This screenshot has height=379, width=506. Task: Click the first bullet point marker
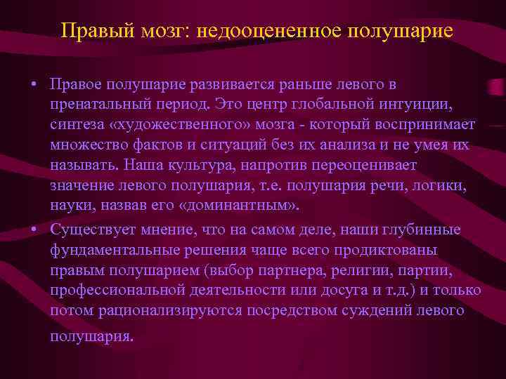coord(33,85)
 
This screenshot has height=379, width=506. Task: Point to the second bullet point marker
coord(33,230)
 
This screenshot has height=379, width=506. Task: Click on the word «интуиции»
coord(424,105)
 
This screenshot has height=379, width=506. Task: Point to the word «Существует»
coord(91,230)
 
